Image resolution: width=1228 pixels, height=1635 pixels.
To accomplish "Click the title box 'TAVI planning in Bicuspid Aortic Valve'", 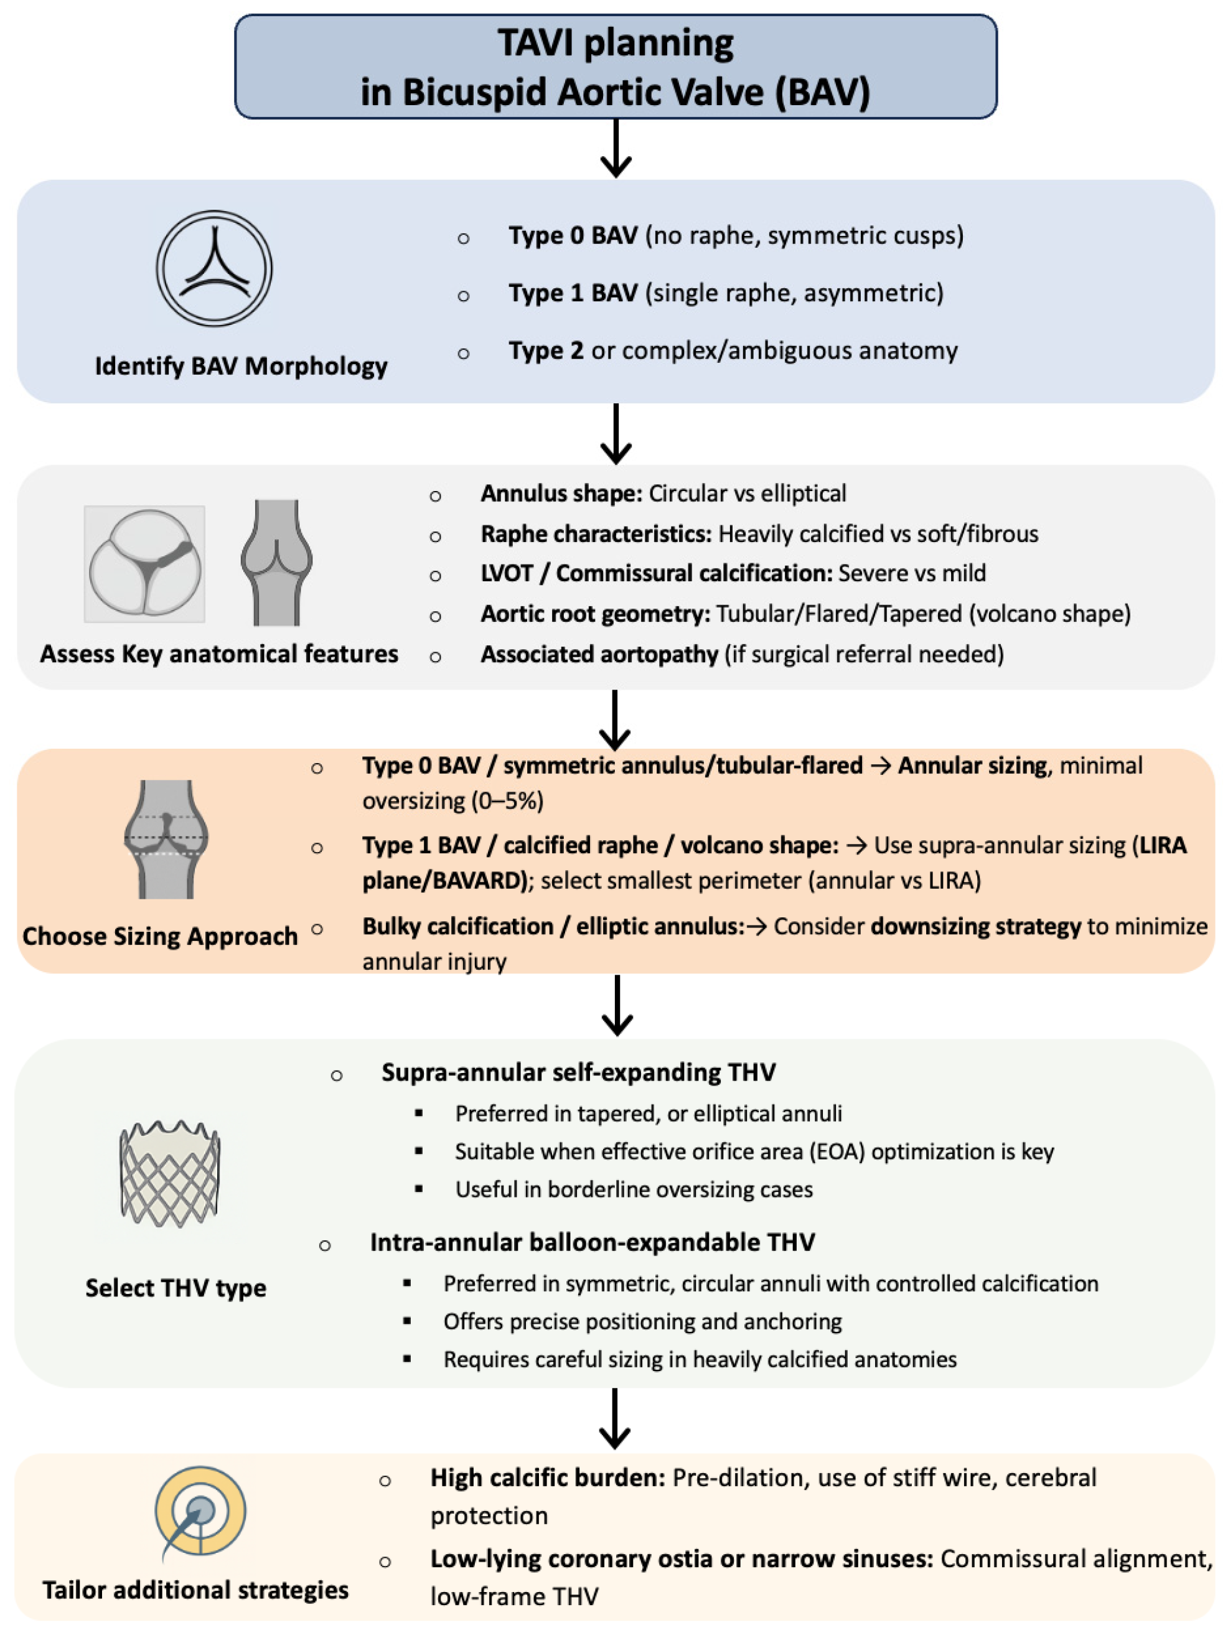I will click(x=615, y=67).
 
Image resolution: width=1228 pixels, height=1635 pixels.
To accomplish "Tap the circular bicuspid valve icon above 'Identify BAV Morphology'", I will click(x=213, y=268).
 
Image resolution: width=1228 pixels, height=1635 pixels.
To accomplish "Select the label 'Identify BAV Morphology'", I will click(x=241, y=366).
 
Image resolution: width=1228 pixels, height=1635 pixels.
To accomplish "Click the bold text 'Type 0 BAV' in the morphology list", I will click(x=573, y=236).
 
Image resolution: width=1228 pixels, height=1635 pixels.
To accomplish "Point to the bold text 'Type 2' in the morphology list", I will click(x=546, y=350).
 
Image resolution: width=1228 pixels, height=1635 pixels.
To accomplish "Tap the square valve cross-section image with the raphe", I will click(x=145, y=564).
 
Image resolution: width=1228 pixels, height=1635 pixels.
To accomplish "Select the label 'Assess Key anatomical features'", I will click(x=219, y=654).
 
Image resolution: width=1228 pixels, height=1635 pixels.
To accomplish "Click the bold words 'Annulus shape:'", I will click(x=561, y=494).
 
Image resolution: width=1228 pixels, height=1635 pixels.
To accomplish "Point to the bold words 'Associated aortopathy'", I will click(x=599, y=655).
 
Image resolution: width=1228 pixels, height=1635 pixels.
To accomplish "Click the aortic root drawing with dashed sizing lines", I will click(x=166, y=839).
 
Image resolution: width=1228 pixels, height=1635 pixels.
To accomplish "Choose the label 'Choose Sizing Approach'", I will click(x=160, y=937).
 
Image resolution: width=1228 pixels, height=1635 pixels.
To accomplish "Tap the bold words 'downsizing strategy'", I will click(x=976, y=927).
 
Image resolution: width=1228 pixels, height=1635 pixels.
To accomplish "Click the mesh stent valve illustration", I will click(x=170, y=1174).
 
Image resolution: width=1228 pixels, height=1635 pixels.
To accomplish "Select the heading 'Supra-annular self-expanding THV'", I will click(x=578, y=1072).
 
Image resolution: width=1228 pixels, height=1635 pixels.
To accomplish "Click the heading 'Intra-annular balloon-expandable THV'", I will click(x=592, y=1242).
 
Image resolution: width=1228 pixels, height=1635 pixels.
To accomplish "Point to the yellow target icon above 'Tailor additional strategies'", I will click(x=200, y=1512).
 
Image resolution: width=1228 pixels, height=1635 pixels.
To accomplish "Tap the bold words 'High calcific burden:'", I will click(x=548, y=1478).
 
